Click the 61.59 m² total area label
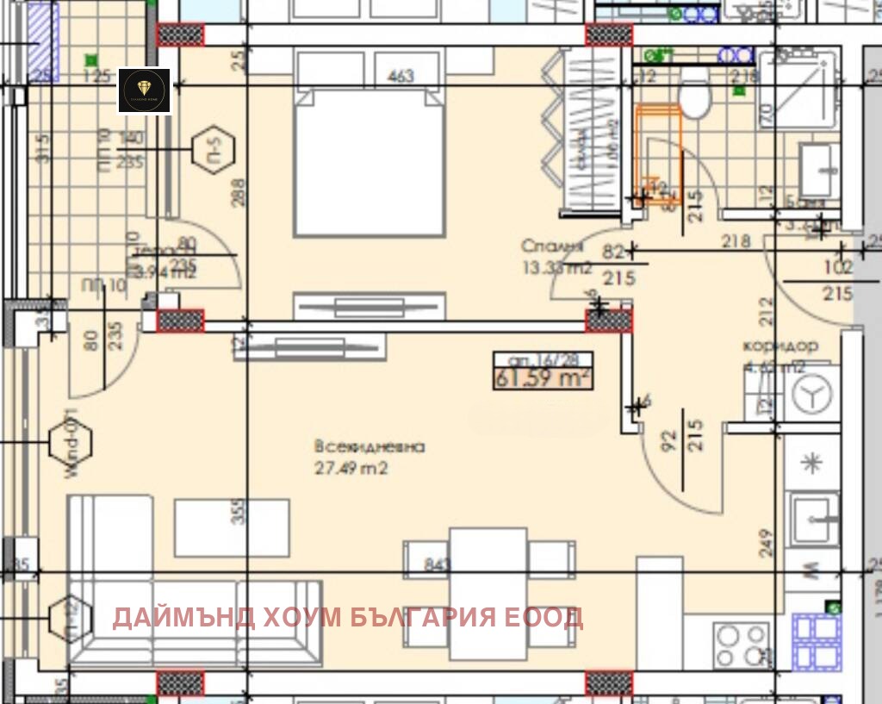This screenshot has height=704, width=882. click(543, 377)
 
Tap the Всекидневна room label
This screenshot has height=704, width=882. click(370, 447)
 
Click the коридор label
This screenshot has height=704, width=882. click(780, 346)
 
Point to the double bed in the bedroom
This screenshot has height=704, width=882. click(370, 164)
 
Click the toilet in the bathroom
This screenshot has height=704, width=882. click(693, 100)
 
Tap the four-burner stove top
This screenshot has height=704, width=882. click(741, 645)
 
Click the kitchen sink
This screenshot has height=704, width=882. click(813, 517)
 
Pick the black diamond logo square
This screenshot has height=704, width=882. click(145, 90)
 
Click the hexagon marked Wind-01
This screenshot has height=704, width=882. click(71, 442)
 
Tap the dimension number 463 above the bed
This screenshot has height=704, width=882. click(401, 76)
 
